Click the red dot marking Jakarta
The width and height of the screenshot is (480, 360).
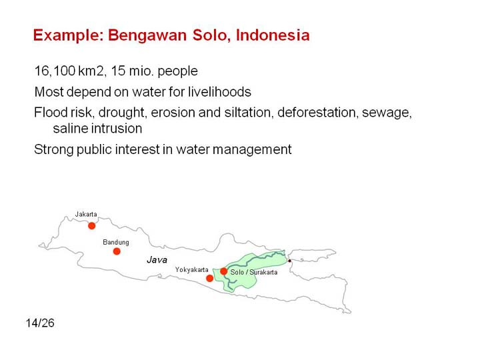pyautogui.click(x=91, y=226)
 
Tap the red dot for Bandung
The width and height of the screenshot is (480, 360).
pyautogui.click(x=117, y=251)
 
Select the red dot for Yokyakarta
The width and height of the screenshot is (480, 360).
pyautogui.click(x=210, y=278)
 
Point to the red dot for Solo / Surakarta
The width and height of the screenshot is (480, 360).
pyautogui.click(x=224, y=271)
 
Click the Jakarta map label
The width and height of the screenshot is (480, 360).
pyautogui.click(x=86, y=214)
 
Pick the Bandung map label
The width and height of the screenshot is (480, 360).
pyautogui.click(x=116, y=243)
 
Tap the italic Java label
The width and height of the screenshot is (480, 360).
pyautogui.click(x=157, y=260)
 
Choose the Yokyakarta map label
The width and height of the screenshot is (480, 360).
pyautogui.click(x=191, y=270)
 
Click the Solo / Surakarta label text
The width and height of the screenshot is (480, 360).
pyautogui.click(x=254, y=272)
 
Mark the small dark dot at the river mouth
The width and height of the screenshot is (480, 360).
pyautogui.click(x=289, y=261)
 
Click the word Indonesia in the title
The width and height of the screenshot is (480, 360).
pyautogui.click(x=273, y=35)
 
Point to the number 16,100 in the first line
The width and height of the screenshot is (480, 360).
pyautogui.click(x=55, y=71)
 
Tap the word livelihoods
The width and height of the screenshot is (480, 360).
pyautogui.click(x=219, y=92)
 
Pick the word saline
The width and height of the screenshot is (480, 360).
pyautogui.click(x=69, y=129)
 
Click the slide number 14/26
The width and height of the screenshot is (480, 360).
pyautogui.click(x=40, y=323)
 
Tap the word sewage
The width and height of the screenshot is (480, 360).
pyautogui.click(x=387, y=113)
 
